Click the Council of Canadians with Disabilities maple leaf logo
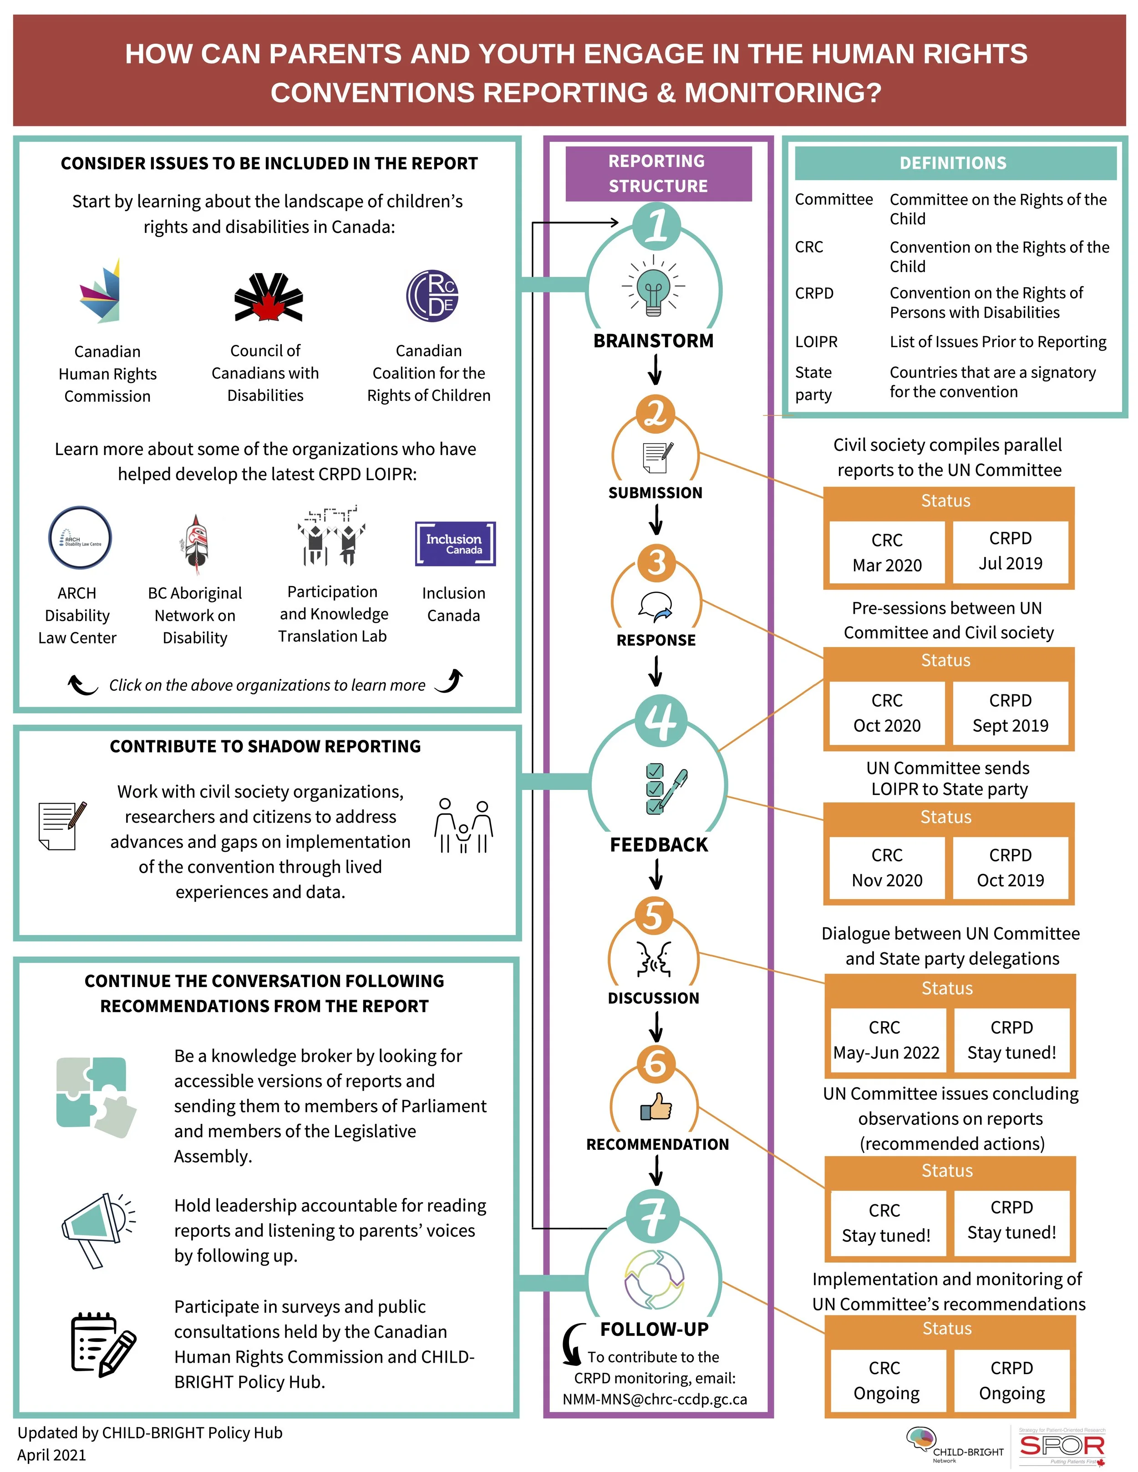[268, 297]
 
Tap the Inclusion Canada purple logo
[455, 543]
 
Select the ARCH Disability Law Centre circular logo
[80, 538]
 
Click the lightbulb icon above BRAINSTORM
[653, 287]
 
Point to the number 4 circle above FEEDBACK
[660, 720]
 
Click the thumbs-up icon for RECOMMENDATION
[656, 1106]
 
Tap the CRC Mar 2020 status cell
[887, 552]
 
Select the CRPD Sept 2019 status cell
[1010, 713]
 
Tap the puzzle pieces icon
[96, 1097]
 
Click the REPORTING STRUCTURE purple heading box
[658, 173]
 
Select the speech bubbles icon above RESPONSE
[655, 607]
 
